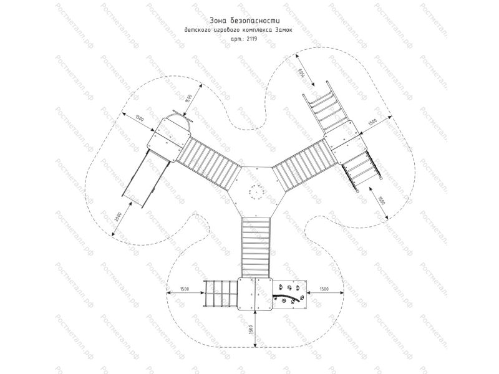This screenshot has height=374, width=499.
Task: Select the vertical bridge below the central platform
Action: pos(255,246)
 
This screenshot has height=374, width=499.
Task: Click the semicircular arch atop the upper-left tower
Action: pos(178,118)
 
